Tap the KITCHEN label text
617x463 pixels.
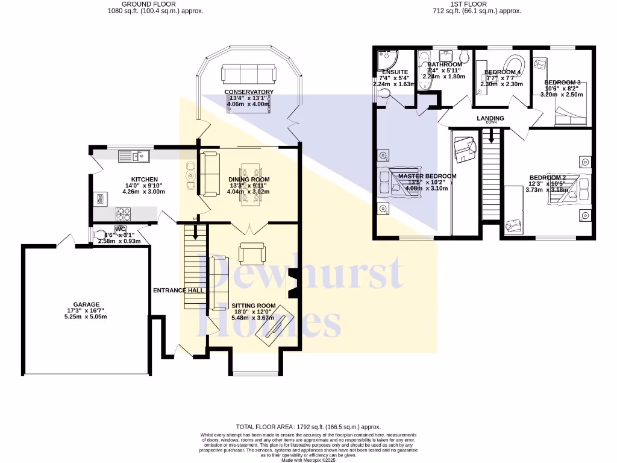145,180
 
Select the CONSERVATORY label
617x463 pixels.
249,92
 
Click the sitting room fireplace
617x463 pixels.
293,284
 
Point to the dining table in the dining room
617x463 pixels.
249,184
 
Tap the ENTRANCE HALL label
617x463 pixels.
178,291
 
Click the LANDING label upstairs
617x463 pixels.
490,118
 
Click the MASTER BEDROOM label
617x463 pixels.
427,176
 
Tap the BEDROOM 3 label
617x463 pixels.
562,83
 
